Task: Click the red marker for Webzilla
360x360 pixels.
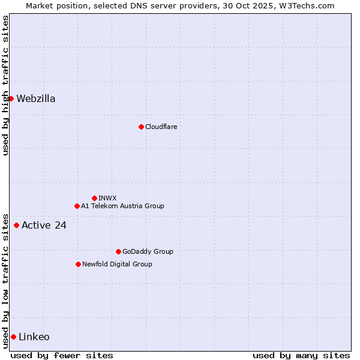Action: tap(11, 98)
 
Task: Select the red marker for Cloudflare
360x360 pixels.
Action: tap(141, 127)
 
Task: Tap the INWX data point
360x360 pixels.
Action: tap(94, 198)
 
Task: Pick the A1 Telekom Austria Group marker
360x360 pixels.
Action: tap(77, 206)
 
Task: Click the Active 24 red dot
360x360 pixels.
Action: tap(16, 226)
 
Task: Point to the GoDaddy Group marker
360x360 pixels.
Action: tap(118, 251)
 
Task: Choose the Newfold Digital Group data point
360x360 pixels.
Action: tap(78, 264)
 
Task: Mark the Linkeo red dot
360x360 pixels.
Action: tap(13, 337)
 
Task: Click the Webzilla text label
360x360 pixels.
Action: tap(36, 99)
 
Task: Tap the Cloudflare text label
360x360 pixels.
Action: tap(161, 127)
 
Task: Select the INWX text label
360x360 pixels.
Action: tap(107, 198)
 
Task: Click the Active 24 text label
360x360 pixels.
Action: tap(44, 226)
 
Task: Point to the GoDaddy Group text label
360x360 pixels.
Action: tap(148, 251)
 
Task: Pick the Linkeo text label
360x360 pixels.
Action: tap(34, 337)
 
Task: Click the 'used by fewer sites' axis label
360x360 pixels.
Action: tap(62, 355)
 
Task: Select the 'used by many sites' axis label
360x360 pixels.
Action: tap(301, 355)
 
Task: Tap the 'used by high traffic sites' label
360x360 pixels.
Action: tap(5, 85)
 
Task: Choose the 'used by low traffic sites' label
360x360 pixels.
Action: tap(5, 280)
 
